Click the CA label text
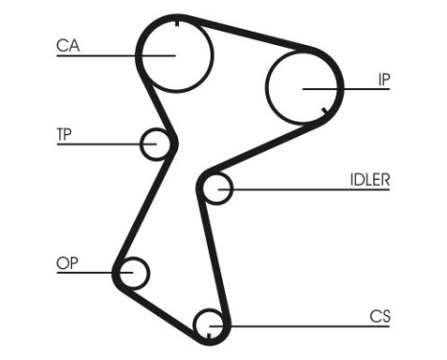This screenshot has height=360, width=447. click(68, 45)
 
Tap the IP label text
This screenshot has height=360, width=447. click(383, 80)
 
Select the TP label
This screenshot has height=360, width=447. click(65, 133)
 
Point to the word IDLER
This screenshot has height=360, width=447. click(369, 179)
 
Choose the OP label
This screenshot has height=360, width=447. click(67, 262)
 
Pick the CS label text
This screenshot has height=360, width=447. click(381, 315)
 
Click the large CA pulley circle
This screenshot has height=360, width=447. click(174, 55)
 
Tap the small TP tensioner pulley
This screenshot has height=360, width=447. click(155, 145)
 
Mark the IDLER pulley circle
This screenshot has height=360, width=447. click(217, 189)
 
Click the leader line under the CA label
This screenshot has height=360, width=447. click(96, 56)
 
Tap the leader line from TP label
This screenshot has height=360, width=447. click(96, 145)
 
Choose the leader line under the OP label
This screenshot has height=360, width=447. click(86, 274)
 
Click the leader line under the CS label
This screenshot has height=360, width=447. click(316, 326)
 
